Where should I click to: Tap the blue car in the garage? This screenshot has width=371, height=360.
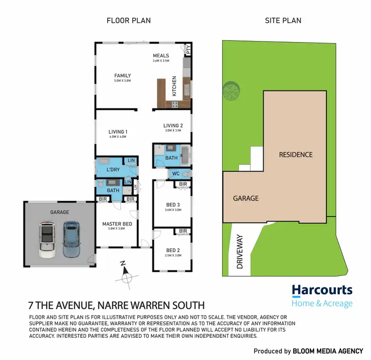click(71, 239)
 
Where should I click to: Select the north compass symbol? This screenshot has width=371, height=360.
click(126, 275)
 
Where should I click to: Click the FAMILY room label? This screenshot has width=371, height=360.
click(122, 76)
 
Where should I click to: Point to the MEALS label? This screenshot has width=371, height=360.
click(161, 56)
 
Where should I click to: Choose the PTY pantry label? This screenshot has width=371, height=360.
click(188, 49)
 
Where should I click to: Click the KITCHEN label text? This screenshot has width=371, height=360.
click(174, 86)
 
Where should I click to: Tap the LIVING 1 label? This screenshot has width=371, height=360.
click(118, 132)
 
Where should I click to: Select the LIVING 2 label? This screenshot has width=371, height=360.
click(173, 126)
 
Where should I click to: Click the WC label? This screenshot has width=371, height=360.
click(175, 174)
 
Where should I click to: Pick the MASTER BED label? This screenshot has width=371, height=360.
click(116, 224)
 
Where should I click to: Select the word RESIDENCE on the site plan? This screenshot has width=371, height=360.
click(296, 154)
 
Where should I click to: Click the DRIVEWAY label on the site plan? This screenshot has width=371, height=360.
click(240, 252)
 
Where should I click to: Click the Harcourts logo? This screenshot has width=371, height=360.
click(322, 295)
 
